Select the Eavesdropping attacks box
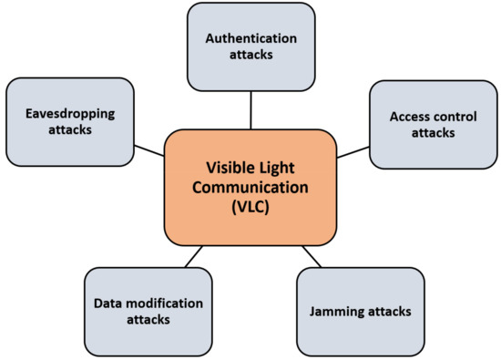point(69,121)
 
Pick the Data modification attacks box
point(148,311)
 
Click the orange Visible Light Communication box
point(250,188)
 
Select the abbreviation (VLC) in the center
point(250,208)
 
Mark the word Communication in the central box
point(250,188)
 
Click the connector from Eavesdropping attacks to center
point(148,149)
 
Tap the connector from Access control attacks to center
point(353,150)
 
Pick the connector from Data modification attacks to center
point(193,257)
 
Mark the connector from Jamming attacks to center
point(312,256)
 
